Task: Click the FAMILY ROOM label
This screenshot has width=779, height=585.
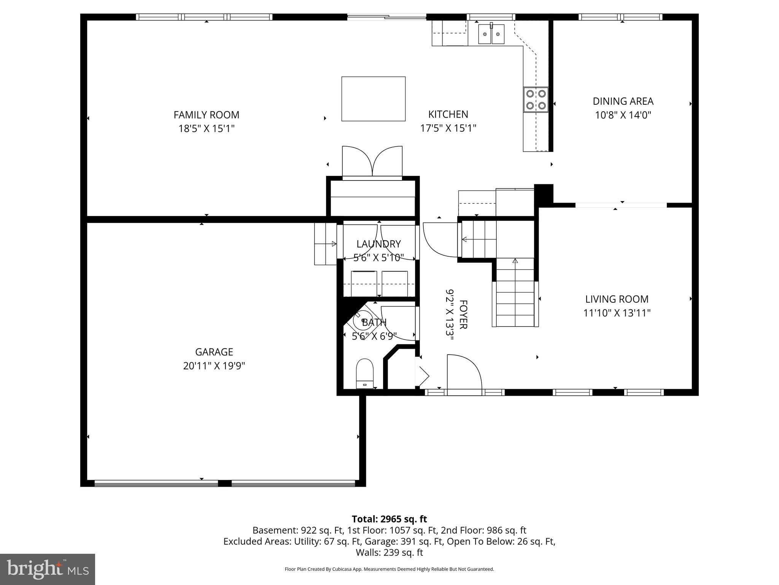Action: pyautogui.click(x=206, y=115)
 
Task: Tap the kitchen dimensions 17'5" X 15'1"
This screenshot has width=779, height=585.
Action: pyautogui.click(x=448, y=128)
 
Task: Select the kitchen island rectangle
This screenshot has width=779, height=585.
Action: pyautogui.click(x=373, y=99)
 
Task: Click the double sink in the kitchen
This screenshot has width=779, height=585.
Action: pyautogui.click(x=491, y=34)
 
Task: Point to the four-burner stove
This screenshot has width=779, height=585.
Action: pyautogui.click(x=536, y=100)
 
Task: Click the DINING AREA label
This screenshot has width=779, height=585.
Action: pyautogui.click(x=623, y=101)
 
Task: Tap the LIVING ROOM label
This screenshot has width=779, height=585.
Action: pyautogui.click(x=617, y=299)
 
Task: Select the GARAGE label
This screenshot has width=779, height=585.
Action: pyautogui.click(x=214, y=352)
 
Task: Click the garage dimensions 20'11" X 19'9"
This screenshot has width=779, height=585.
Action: pyautogui.click(x=214, y=366)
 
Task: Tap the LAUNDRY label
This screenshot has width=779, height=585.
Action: pyautogui.click(x=378, y=244)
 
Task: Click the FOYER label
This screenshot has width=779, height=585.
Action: pyautogui.click(x=463, y=314)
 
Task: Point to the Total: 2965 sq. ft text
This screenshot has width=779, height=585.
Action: pyautogui.click(x=389, y=519)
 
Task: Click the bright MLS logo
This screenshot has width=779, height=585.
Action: pyautogui.click(x=48, y=569)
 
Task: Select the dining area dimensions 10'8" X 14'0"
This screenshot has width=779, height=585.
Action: pyautogui.click(x=623, y=115)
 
